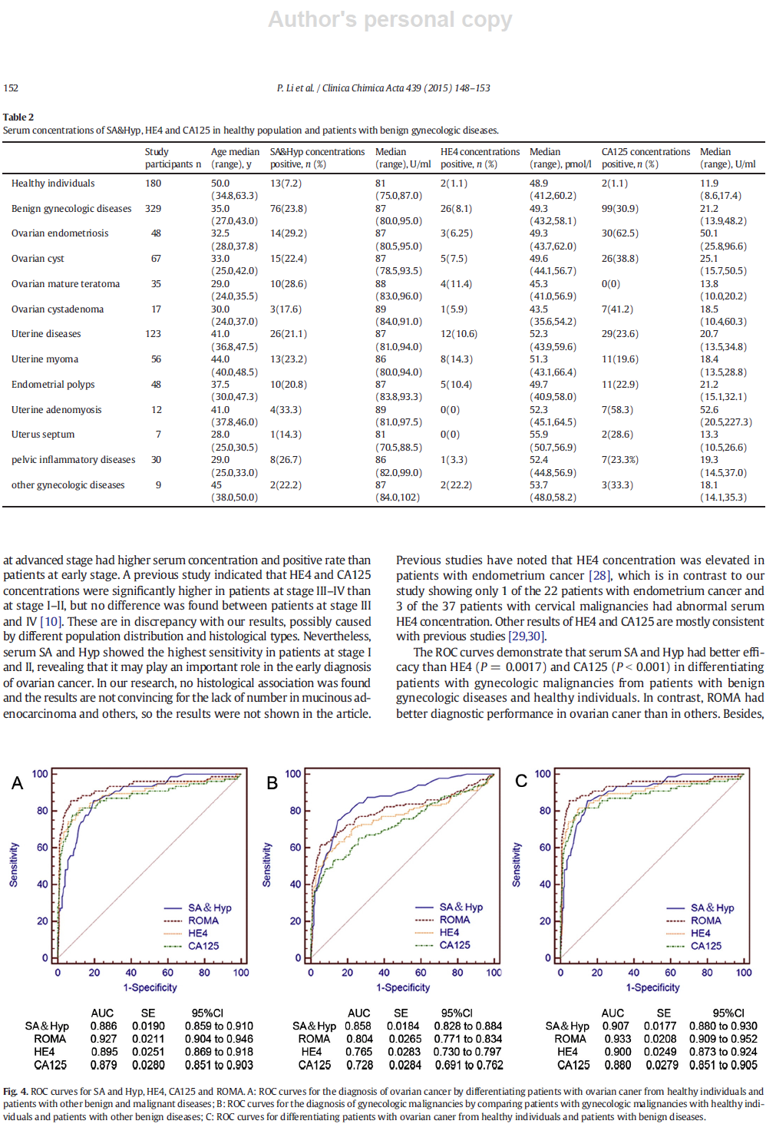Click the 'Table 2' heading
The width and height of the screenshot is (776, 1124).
tap(18, 117)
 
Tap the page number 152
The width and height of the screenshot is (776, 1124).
tap(11, 88)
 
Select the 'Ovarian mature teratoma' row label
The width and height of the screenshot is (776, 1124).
tap(66, 284)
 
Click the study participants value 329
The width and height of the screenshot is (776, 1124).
tap(153, 208)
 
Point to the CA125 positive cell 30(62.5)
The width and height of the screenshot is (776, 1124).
tap(620, 233)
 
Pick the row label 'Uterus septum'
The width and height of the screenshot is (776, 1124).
tap(43, 435)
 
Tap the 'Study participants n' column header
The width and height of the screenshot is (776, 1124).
tap(173, 157)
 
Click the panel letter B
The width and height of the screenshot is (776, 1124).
tap(272, 783)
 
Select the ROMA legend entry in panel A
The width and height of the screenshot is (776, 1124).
tap(191, 921)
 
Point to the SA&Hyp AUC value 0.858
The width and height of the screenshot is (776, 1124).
tap(358, 1026)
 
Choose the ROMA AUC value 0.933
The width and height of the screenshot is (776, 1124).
tap(617, 1039)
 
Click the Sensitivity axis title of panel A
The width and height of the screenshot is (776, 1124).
tap(14, 864)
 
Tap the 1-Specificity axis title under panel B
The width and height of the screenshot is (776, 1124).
tap(403, 987)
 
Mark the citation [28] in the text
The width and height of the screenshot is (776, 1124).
tap(599, 576)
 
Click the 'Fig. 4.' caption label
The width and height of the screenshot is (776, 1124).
tap(15, 1092)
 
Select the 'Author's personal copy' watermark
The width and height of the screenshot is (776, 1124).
tap(390, 19)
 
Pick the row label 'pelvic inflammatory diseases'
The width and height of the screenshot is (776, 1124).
tap(73, 460)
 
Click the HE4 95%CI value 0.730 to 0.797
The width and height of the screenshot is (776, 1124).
tap(468, 1052)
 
